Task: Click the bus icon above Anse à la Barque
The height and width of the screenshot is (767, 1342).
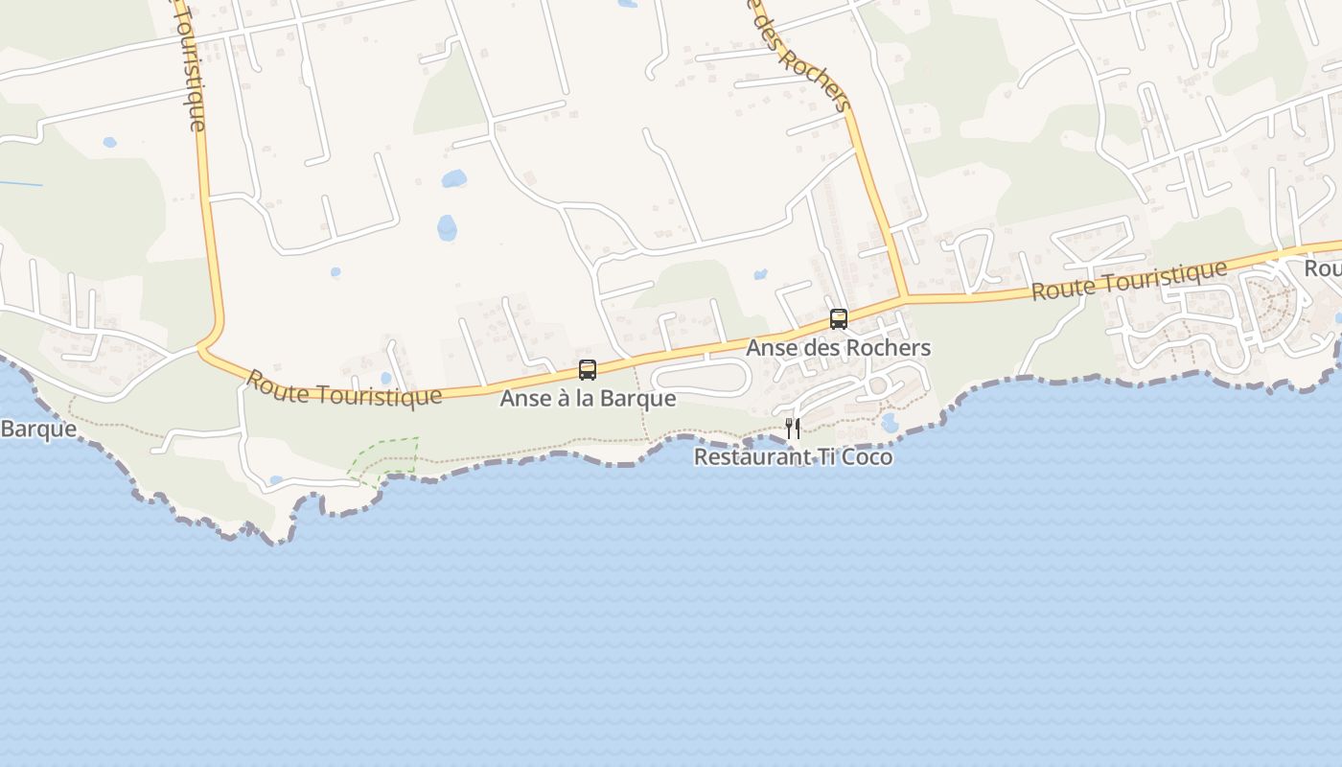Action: coord(588,369)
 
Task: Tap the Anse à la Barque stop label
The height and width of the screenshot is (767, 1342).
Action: coord(588,398)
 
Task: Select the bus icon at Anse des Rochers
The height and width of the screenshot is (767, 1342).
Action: coord(839,318)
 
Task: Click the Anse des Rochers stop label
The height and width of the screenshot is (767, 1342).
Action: coord(839,347)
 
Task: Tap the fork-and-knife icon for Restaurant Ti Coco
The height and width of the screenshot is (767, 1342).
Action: coord(793,428)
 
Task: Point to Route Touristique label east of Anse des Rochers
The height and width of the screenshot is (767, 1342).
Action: coord(1129,280)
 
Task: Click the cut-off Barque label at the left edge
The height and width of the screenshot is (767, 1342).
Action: coord(38,429)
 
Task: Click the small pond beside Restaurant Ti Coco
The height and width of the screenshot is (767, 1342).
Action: coord(890,423)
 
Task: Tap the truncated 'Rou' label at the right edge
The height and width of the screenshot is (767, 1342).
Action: coord(1322,268)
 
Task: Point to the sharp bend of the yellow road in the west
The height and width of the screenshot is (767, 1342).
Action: coord(204,347)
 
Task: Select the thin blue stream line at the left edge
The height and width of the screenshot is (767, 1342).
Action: coord(21,183)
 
